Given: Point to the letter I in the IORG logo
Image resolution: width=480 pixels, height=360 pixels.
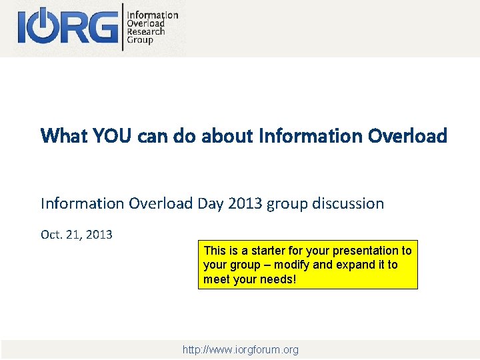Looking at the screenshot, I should tap(23, 27).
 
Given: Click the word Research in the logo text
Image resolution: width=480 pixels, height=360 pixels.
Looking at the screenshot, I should tap(145, 31).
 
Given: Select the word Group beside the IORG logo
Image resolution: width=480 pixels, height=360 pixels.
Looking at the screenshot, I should tap(140, 40).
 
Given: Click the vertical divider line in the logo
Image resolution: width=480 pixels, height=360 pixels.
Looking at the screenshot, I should tap(123, 27).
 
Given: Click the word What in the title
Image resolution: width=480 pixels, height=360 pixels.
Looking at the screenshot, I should tap(64, 136).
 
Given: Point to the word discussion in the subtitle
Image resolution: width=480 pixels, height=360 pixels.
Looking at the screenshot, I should tap(347, 203).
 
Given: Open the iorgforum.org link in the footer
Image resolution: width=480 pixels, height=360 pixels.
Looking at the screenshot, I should tap(241, 349).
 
